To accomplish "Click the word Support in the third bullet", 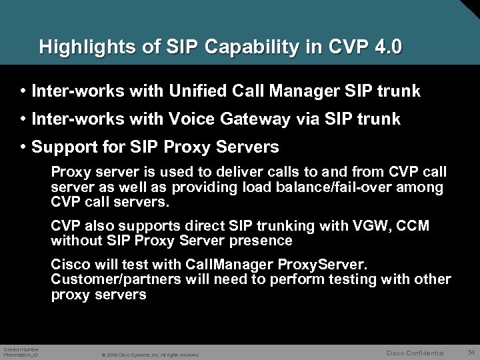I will (63, 146).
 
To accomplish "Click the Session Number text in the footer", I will (21, 349).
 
